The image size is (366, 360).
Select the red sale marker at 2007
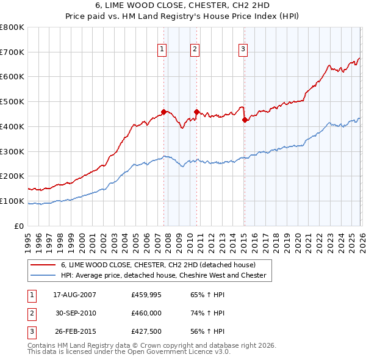(163, 112)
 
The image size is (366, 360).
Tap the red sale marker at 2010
(196, 112)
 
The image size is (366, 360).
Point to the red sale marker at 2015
(245, 120)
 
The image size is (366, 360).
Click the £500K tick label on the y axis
(12, 101)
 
